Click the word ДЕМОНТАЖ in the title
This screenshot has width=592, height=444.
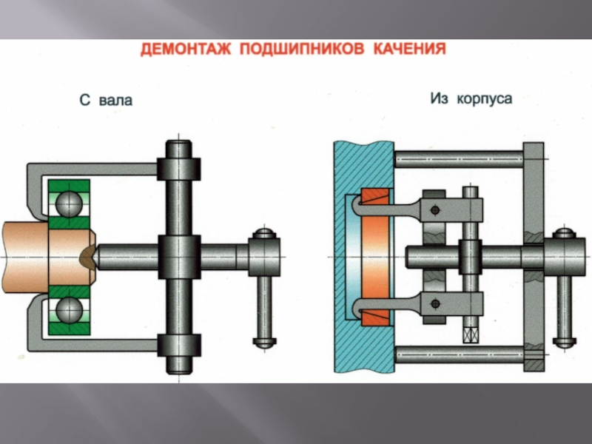(186, 49)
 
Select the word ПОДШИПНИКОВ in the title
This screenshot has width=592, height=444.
(302, 49)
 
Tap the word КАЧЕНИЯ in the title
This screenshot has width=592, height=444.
(410, 49)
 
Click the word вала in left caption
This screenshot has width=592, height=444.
(115, 101)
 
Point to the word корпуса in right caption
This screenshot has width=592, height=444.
(485, 99)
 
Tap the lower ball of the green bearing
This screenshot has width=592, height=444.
(69, 309)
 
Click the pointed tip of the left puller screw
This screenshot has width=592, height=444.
(97, 257)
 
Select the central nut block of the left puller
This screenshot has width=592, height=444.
(179, 257)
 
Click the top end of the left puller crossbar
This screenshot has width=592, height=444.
(178, 141)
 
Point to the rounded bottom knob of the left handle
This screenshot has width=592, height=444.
(264, 342)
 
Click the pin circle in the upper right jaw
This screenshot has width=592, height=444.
(435, 210)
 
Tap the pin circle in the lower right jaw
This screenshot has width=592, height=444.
(435, 303)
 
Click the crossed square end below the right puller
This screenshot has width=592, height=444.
(471, 335)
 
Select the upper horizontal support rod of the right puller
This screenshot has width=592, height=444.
(459, 159)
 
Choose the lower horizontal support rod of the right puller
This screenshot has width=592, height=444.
(459, 354)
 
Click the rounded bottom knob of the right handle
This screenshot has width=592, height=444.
(564, 342)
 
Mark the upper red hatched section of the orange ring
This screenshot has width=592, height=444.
(375, 197)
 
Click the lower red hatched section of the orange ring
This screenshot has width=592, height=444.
(375, 317)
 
